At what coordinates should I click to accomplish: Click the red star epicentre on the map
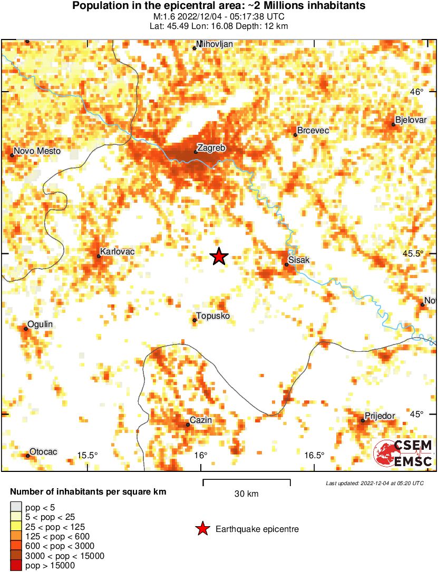click(x=219, y=257)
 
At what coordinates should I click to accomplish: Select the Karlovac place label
click(x=118, y=252)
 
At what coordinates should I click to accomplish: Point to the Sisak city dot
click(x=287, y=264)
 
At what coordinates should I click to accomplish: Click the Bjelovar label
click(x=411, y=120)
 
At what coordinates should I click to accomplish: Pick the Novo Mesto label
click(x=37, y=151)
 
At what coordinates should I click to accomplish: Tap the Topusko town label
click(x=213, y=316)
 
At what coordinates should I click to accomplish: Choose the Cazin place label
click(x=200, y=420)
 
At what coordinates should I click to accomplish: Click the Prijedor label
click(x=380, y=416)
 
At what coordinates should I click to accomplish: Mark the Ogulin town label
click(x=40, y=324)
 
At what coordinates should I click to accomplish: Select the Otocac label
click(x=43, y=452)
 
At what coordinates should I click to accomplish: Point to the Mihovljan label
click(x=214, y=44)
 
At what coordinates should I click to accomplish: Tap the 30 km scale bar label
click(x=246, y=494)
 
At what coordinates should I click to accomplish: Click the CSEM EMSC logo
click(x=403, y=453)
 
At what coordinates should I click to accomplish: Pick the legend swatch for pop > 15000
click(x=16, y=566)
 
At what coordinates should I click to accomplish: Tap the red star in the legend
click(x=201, y=529)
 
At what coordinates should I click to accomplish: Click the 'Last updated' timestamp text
click(x=374, y=483)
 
